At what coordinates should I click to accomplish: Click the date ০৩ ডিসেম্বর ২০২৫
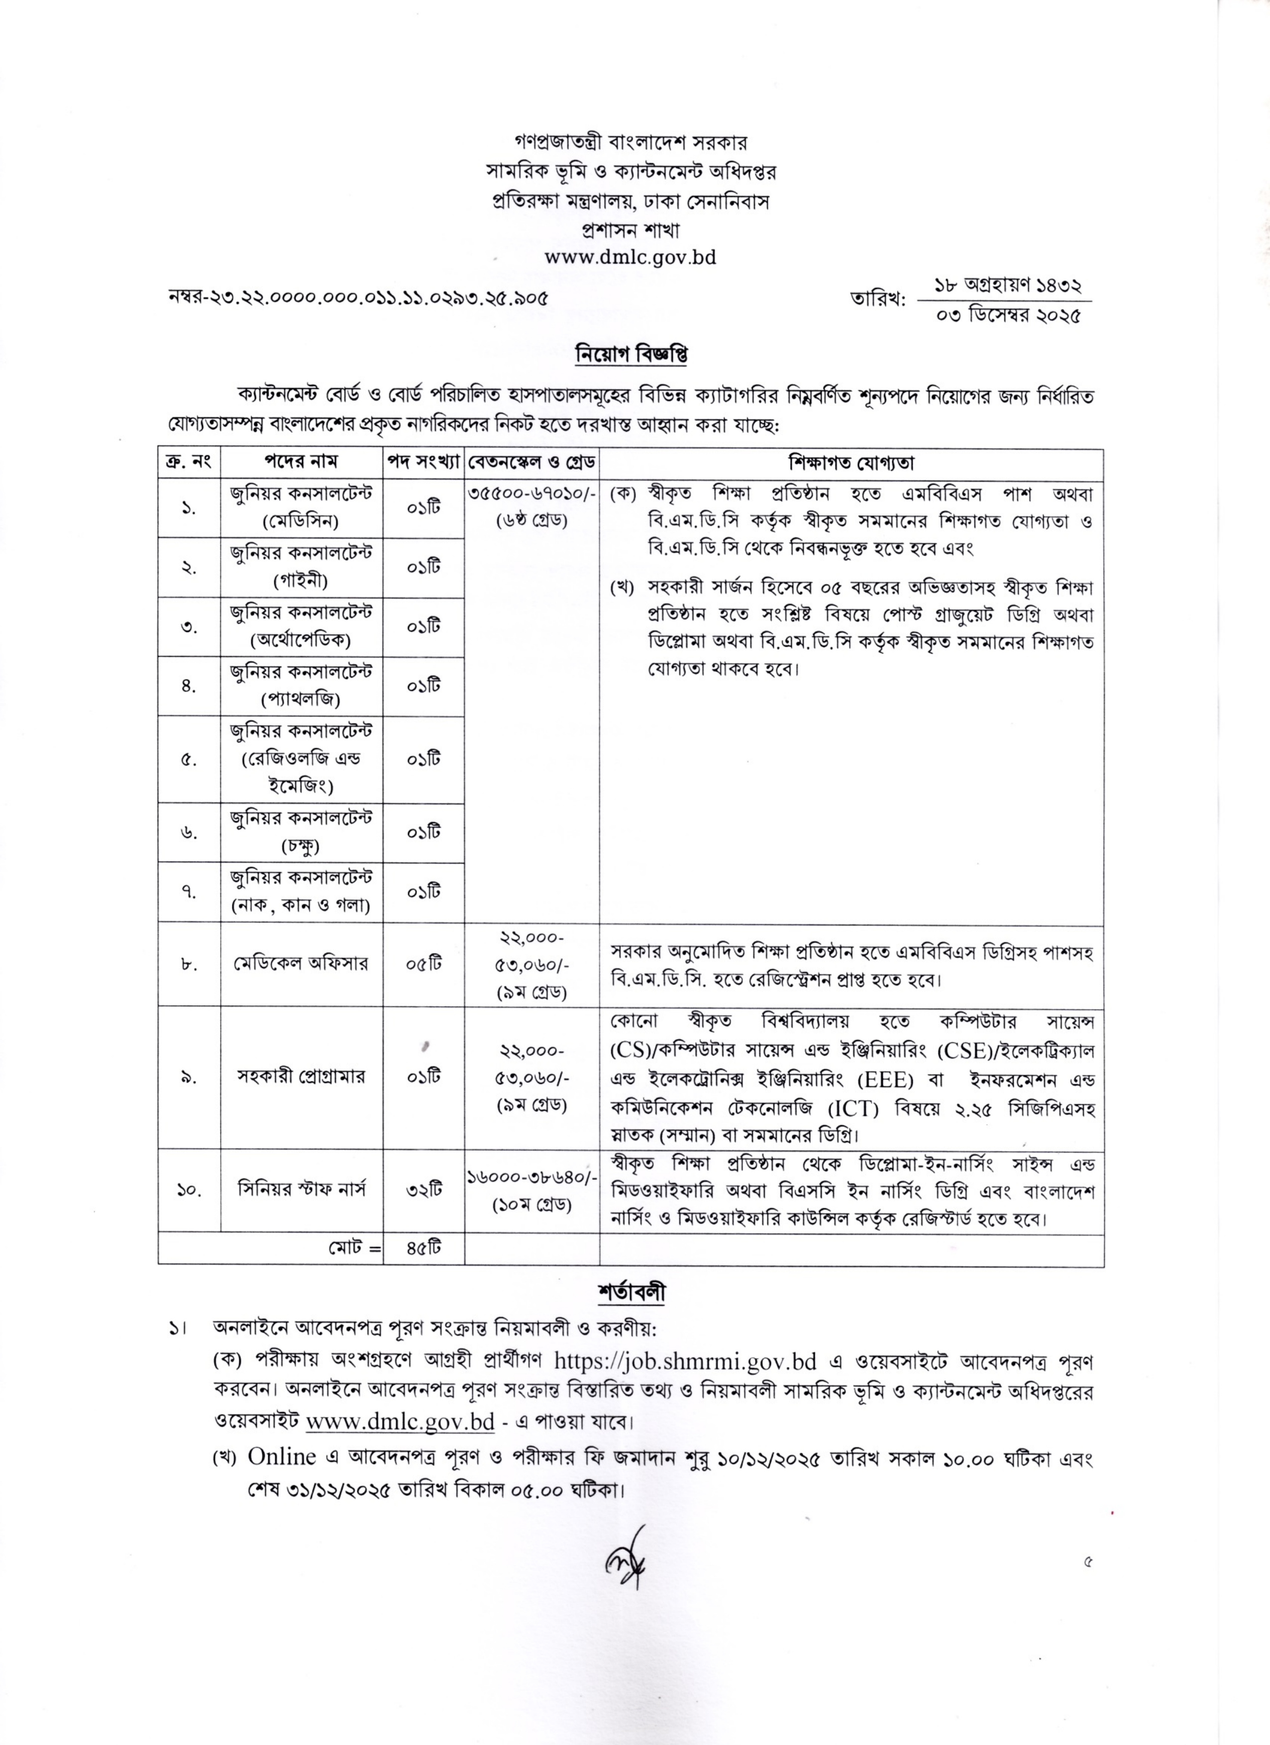tap(1008, 315)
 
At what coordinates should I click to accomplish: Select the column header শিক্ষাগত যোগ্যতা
tap(851, 463)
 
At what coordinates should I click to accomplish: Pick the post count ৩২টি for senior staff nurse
tap(424, 1189)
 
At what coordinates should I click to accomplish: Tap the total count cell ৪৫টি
tap(424, 1248)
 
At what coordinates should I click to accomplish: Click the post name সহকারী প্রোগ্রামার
tap(302, 1076)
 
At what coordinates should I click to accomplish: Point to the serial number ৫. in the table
tap(189, 760)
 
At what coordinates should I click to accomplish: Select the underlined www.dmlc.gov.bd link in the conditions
tap(400, 1420)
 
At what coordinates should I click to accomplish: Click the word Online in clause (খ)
tap(282, 1456)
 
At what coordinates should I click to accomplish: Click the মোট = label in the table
tap(352, 1249)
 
